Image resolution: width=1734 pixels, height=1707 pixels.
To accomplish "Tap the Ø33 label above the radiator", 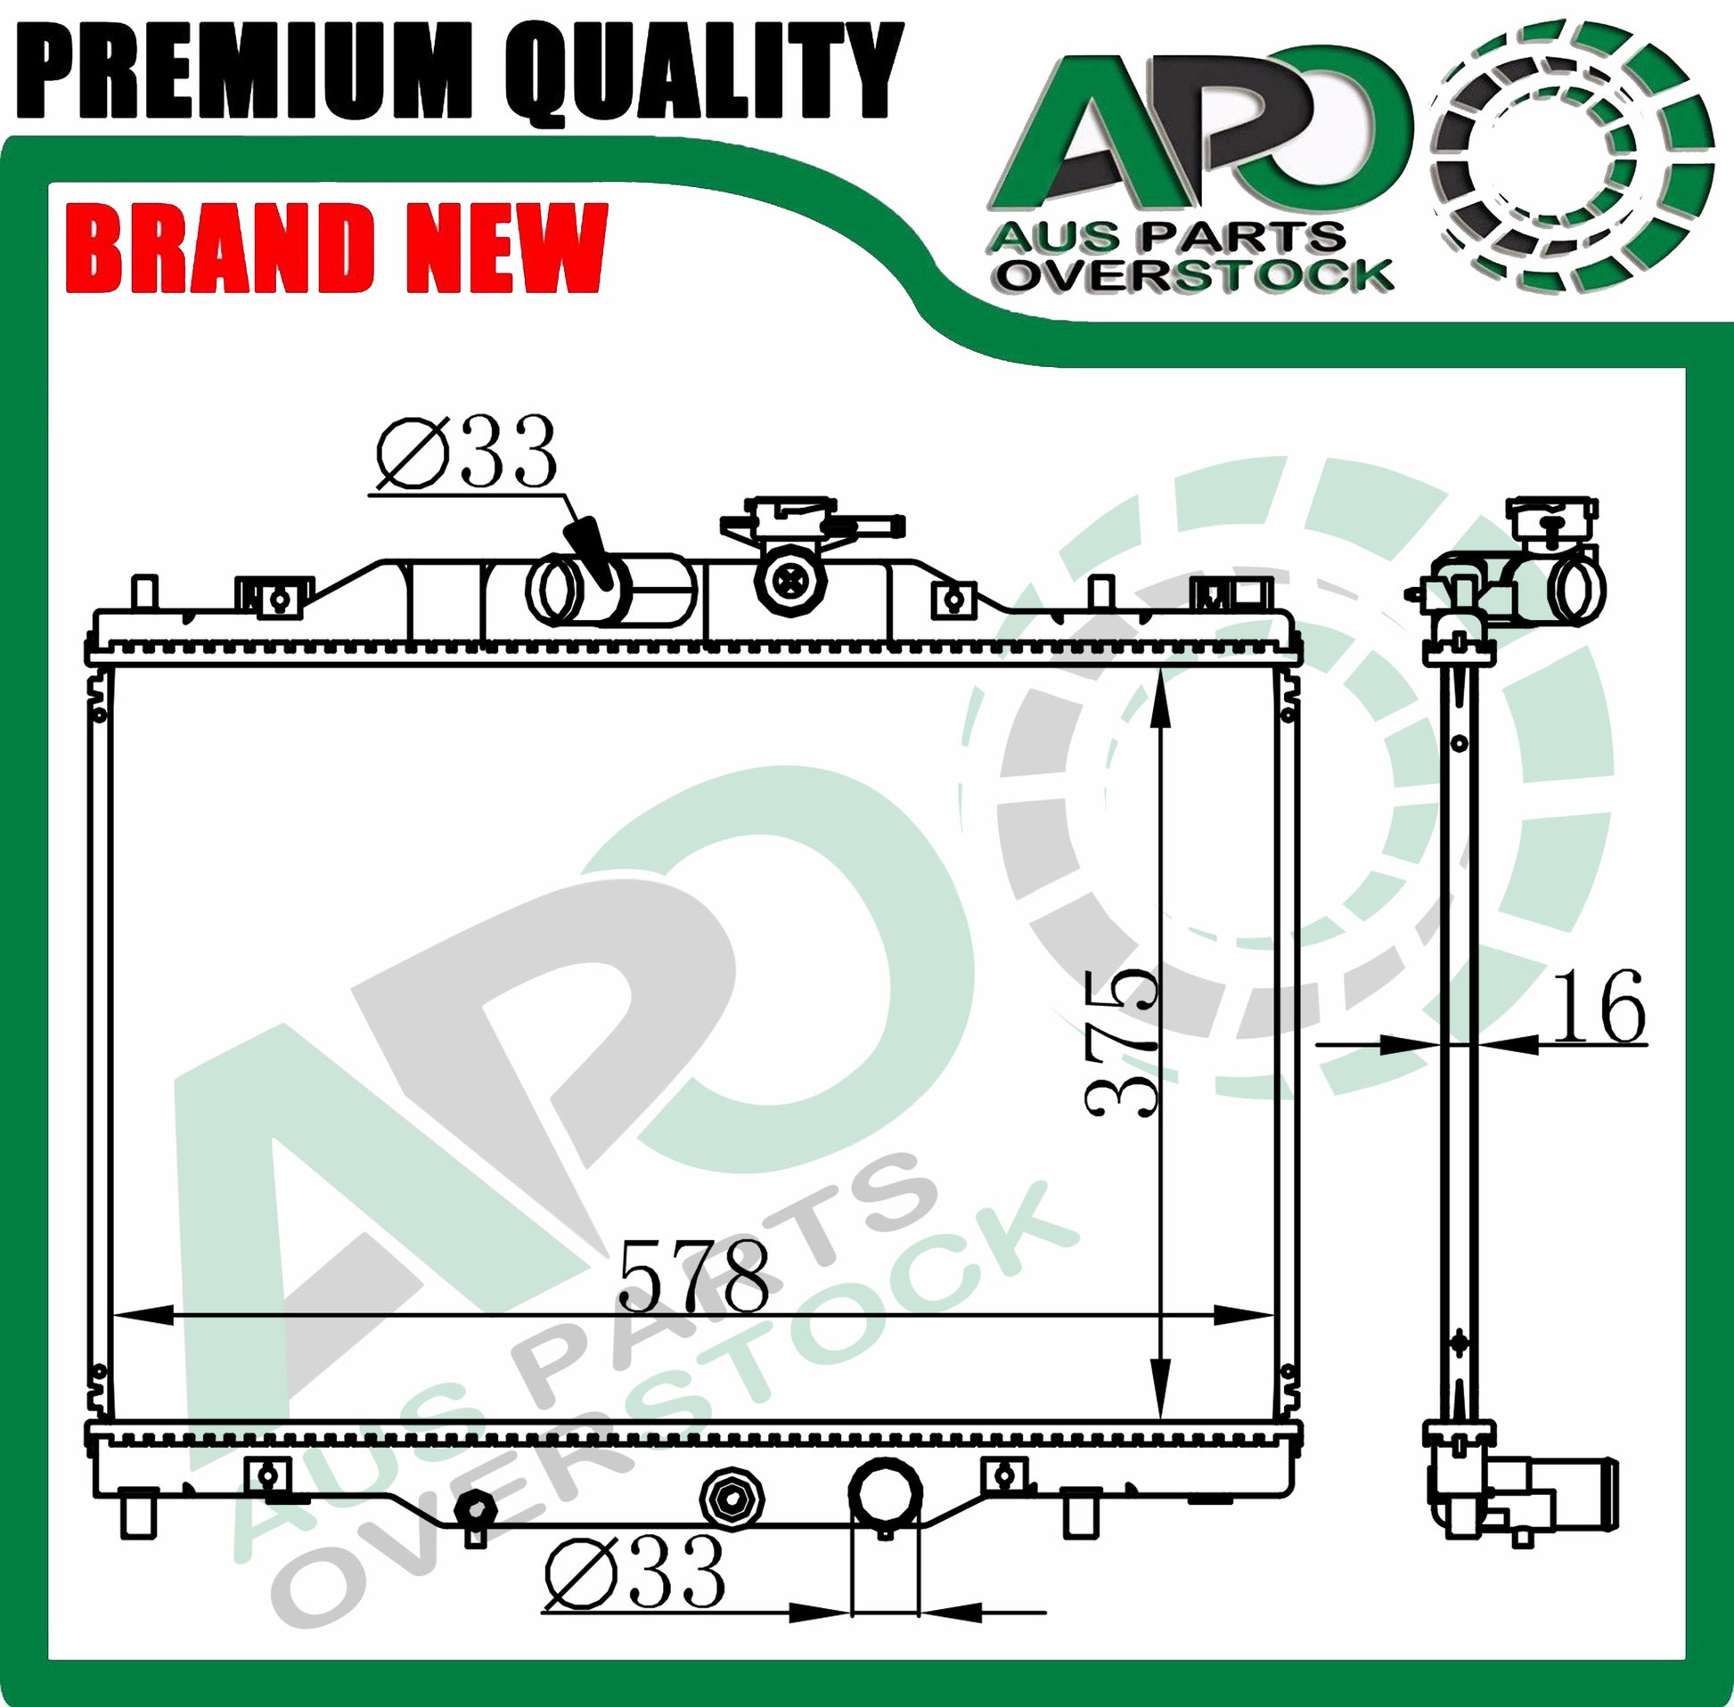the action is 465,452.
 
